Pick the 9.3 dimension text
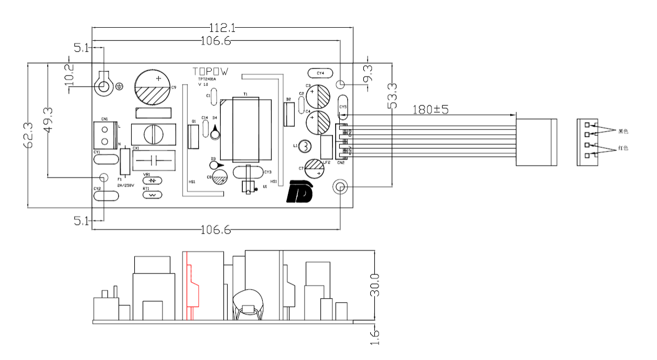368,73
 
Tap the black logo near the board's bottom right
300,192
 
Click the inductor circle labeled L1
305,146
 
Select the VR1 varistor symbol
153,180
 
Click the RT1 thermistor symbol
153,194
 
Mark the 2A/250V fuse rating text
126,186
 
